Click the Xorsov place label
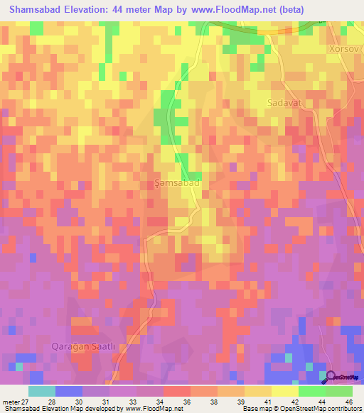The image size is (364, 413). pos(345,50)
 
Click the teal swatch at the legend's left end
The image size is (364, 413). pos(42,391)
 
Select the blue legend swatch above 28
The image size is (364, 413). pos(69,391)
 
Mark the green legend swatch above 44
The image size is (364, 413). pos(312,391)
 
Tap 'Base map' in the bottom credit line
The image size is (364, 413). pos(254,409)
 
